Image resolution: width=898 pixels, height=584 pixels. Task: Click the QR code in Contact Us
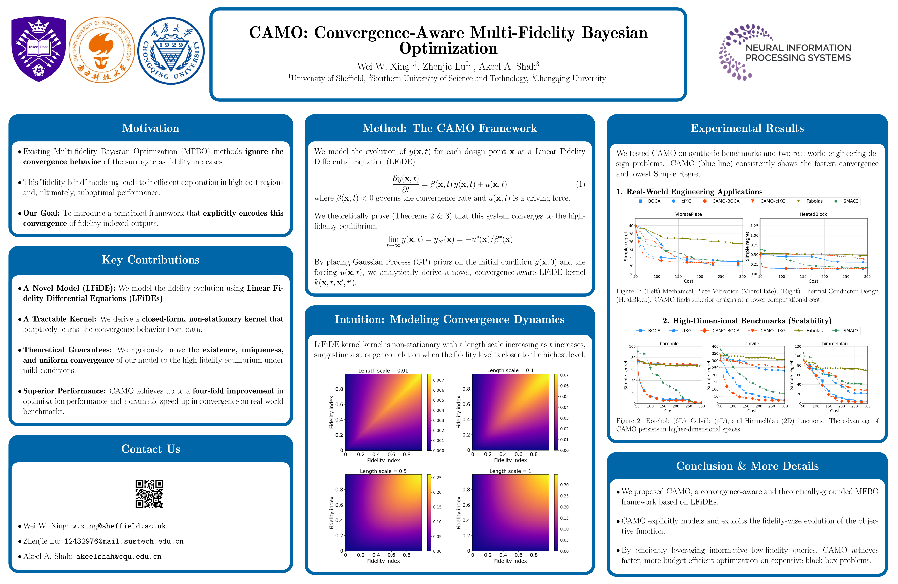click(x=149, y=494)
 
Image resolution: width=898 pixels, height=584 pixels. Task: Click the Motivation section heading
click(x=151, y=128)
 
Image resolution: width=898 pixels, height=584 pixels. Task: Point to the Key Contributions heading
click(x=151, y=260)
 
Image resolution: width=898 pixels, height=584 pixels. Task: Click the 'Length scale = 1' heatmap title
click(x=510, y=471)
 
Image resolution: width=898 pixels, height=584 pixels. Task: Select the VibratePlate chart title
click(x=688, y=214)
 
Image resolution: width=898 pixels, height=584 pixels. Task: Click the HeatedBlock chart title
click(x=813, y=214)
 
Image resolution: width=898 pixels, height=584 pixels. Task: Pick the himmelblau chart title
click(x=835, y=344)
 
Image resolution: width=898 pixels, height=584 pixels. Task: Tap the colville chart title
click(x=752, y=344)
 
